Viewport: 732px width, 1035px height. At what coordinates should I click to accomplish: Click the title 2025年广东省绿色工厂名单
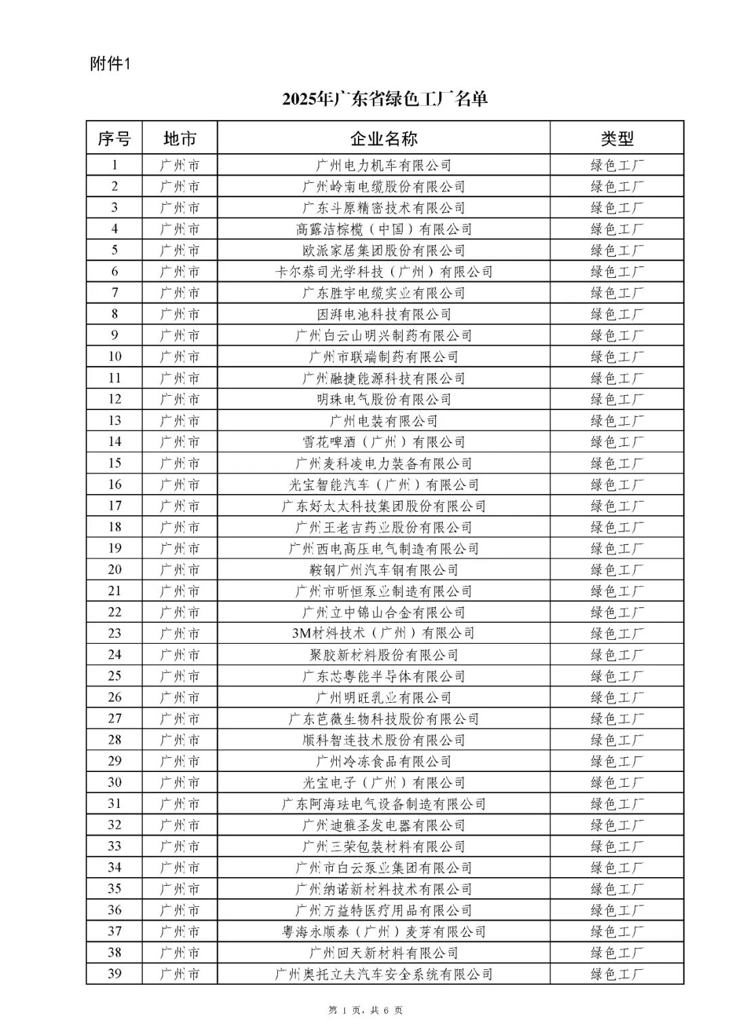(385, 99)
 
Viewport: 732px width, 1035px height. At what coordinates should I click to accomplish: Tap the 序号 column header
(114, 139)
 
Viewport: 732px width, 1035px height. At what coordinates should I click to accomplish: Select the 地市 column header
(180, 139)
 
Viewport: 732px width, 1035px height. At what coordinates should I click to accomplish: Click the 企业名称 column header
(384, 139)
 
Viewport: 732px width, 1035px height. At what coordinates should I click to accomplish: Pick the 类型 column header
(617, 139)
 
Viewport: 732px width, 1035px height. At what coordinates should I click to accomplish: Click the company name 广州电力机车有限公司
(384, 165)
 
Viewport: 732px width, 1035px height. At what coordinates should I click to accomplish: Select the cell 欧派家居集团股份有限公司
(384, 251)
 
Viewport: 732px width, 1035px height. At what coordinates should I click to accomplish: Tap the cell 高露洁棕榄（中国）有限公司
(384, 229)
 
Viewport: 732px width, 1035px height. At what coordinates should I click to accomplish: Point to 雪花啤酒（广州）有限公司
(384, 443)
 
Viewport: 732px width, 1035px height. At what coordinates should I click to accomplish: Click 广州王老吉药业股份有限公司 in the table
(384, 527)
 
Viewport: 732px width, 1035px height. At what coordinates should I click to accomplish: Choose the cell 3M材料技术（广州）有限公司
(384, 634)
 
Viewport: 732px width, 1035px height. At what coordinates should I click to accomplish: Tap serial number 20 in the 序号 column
(115, 570)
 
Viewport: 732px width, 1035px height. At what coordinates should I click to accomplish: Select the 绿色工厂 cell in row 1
(617, 165)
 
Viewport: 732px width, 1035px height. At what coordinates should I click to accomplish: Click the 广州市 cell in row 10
(180, 357)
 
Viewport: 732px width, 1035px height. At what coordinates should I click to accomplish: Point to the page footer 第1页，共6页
(366, 1011)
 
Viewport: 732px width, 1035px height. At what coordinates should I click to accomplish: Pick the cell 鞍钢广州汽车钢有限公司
(384, 570)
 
